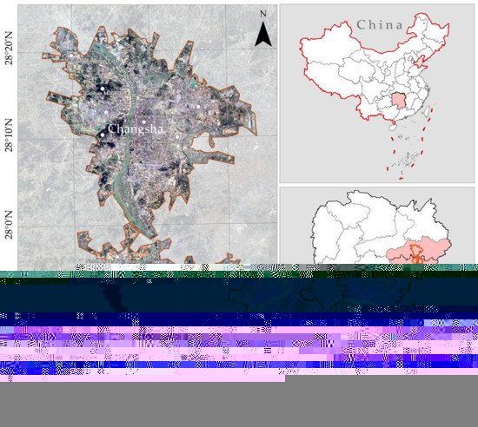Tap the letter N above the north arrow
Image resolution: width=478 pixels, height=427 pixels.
click(x=262, y=14)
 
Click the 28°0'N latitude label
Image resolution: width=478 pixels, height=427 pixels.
click(x=11, y=220)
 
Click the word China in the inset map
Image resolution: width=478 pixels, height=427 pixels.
click(x=379, y=25)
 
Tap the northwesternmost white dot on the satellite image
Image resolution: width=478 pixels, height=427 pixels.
click(x=102, y=89)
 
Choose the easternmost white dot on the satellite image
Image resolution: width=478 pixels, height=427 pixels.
click(x=202, y=107)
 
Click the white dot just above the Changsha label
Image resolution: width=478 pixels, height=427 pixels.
click(x=110, y=118)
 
